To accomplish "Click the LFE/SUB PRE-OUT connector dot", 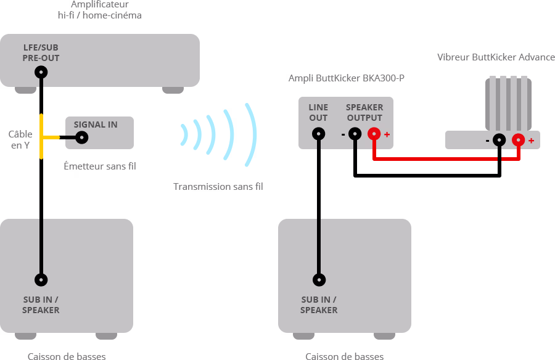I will (41, 72).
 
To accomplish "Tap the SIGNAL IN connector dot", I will (81, 137).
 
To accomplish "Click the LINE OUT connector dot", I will (319, 133).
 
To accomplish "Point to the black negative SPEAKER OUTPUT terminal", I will (355, 133).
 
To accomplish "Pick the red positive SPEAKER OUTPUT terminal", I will (374, 133).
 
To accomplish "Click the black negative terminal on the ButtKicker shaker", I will (499, 140).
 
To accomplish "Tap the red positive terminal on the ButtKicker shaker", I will (518, 140).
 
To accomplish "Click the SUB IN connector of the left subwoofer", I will (41, 280).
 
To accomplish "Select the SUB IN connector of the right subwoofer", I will (319, 280).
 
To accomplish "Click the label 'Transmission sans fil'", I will (218, 186).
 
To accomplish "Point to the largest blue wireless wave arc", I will (250, 135).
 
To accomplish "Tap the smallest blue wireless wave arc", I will (184, 135).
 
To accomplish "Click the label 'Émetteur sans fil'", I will (100, 166).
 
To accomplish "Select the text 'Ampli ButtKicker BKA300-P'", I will (347, 78).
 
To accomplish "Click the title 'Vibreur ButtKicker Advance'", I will (496, 57).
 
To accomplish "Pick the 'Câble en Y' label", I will (20, 139).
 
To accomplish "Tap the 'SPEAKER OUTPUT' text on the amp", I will (364, 112).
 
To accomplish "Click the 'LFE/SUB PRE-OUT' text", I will (41, 52).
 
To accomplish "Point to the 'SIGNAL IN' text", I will (96, 125).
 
